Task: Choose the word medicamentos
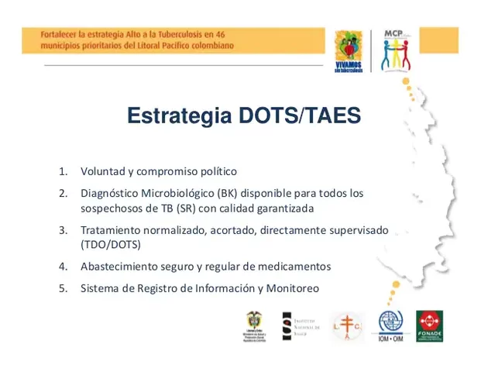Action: (x=297, y=266)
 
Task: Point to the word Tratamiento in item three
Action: (x=111, y=230)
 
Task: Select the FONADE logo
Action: (x=430, y=326)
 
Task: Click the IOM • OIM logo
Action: (x=390, y=327)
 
